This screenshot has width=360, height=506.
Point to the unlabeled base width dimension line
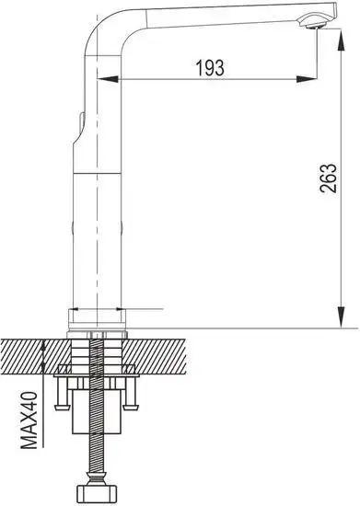tap(115, 309)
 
